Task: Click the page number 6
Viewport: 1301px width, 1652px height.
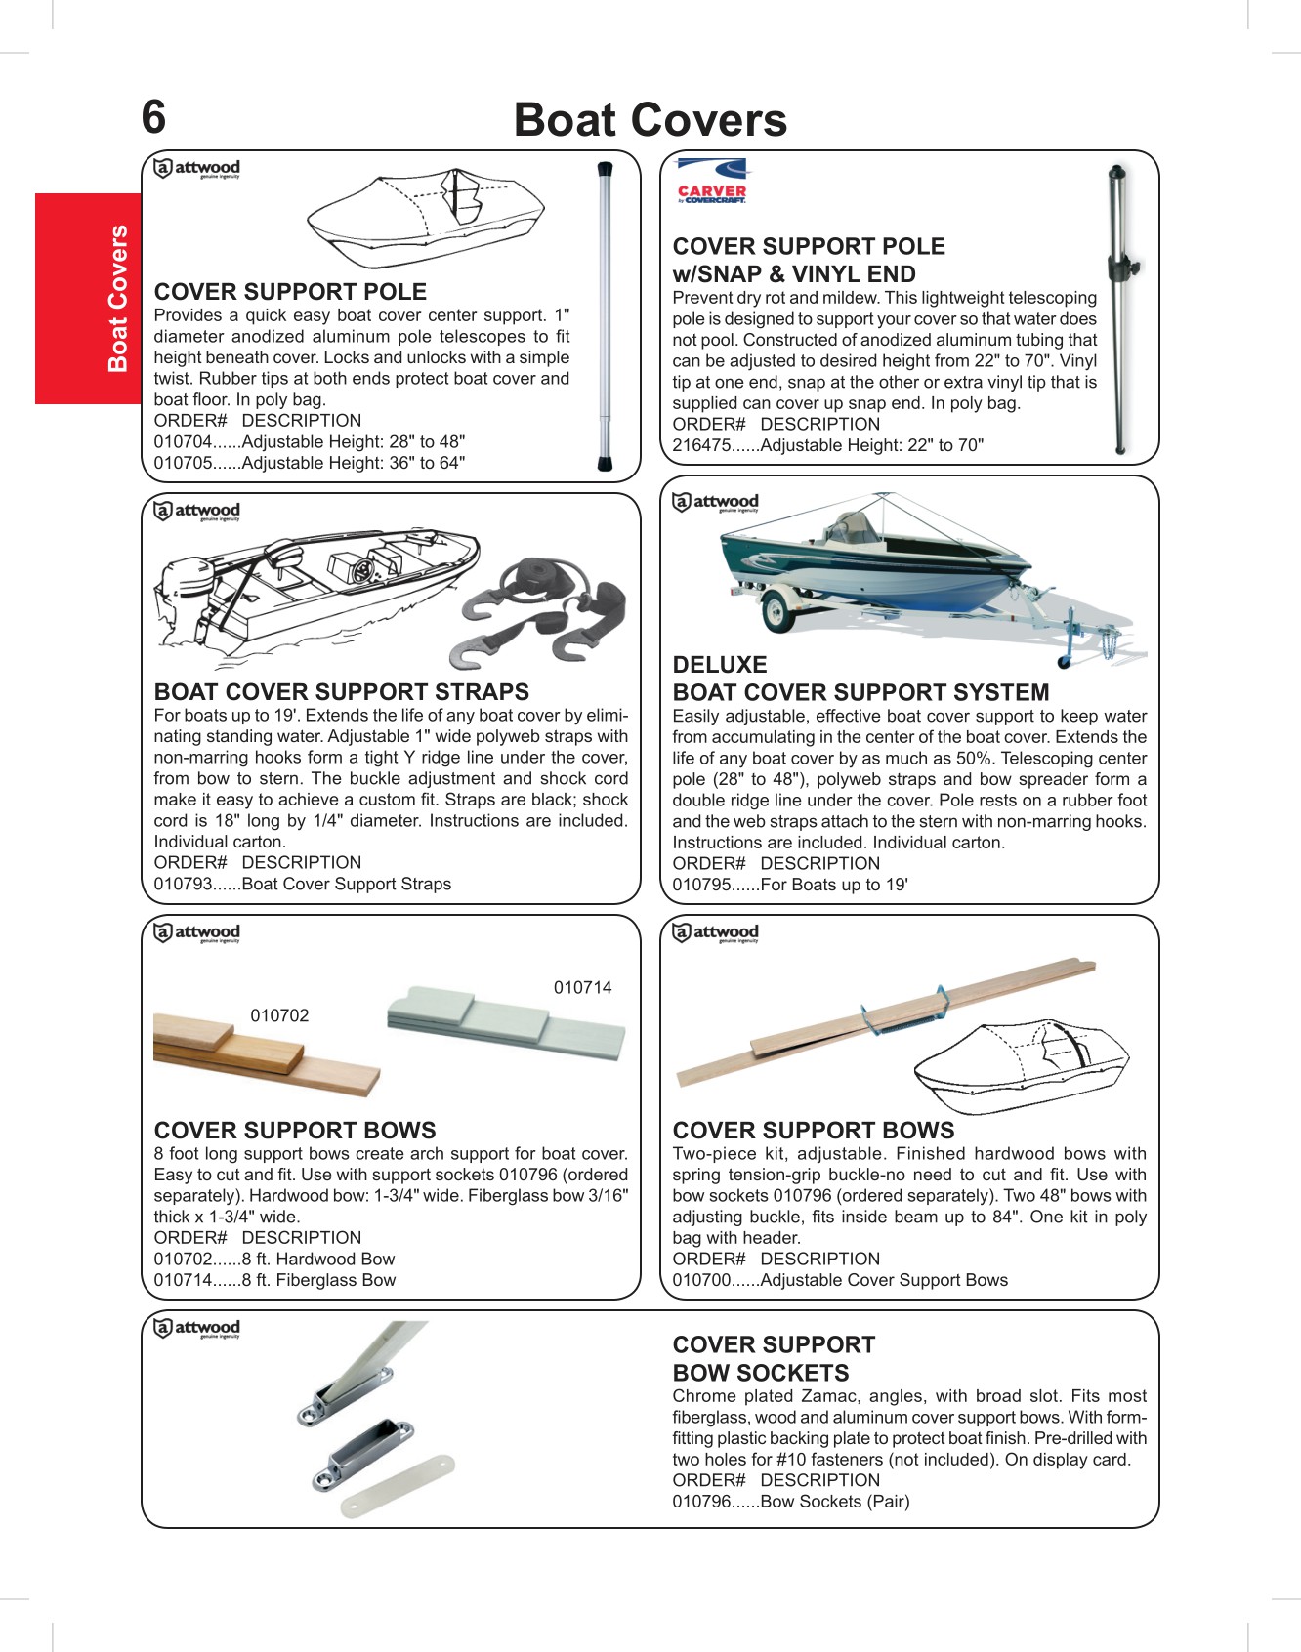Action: pyautogui.click(x=154, y=117)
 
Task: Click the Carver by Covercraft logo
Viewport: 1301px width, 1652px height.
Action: pyautogui.click(x=711, y=182)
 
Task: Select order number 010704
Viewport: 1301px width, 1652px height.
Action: pyautogui.click(x=183, y=442)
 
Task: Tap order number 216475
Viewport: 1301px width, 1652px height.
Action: pyautogui.click(x=701, y=446)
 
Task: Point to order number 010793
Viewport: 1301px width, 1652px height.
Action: pyautogui.click(x=183, y=885)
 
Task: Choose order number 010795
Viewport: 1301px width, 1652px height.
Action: pyautogui.click(x=701, y=886)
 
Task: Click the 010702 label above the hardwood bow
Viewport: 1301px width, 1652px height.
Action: pyautogui.click(x=279, y=1015)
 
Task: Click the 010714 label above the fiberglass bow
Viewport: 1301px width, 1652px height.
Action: pyautogui.click(x=582, y=988)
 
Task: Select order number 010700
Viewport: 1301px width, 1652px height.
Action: pyautogui.click(x=701, y=1281)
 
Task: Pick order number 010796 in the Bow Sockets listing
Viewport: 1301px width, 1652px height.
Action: pyautogui.click(x=701, y=1502)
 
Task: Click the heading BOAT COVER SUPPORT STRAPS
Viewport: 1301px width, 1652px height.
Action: pyautogui.click(x=341, y=692)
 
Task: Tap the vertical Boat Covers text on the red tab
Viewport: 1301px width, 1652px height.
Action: pyautogui.click(x=118, y=299)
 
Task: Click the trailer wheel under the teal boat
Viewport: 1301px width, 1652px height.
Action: pyautogui.click(x=777, y=613)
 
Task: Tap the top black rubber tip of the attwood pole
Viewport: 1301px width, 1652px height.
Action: pyautogui.click(x=605, y=170)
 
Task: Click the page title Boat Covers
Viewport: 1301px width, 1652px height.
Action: pyautogui.click(x=650, y=120)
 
